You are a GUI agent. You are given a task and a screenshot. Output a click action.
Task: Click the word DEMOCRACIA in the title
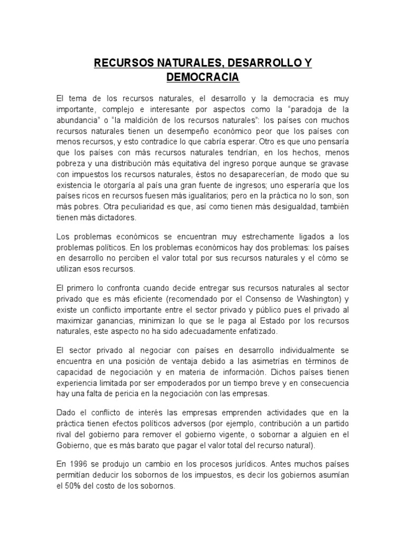203,78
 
